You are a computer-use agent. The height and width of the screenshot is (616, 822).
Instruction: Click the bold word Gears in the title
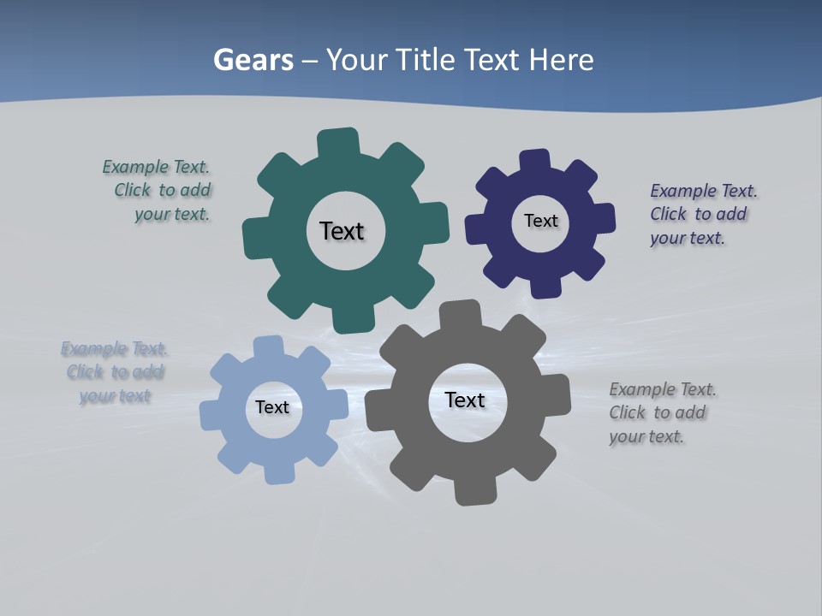(x=253, y=60)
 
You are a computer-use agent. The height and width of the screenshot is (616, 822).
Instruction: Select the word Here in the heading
(x=561, y=60)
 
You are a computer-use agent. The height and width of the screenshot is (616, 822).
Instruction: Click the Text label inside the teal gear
(x=342, y=231)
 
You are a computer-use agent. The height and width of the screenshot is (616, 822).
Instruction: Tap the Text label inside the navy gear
(x=540, y=221)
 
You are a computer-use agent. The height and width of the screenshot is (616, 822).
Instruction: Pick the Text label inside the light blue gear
(x=272, y=407)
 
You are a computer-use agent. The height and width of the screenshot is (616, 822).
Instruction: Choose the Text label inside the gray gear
(x=465, y=400)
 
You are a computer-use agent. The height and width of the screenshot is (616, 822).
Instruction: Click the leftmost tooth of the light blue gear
(x=211, y=415)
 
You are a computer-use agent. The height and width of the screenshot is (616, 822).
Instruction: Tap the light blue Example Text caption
(x=115, y=372)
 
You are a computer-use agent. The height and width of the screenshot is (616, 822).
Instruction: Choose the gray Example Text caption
(x=661, y=413)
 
